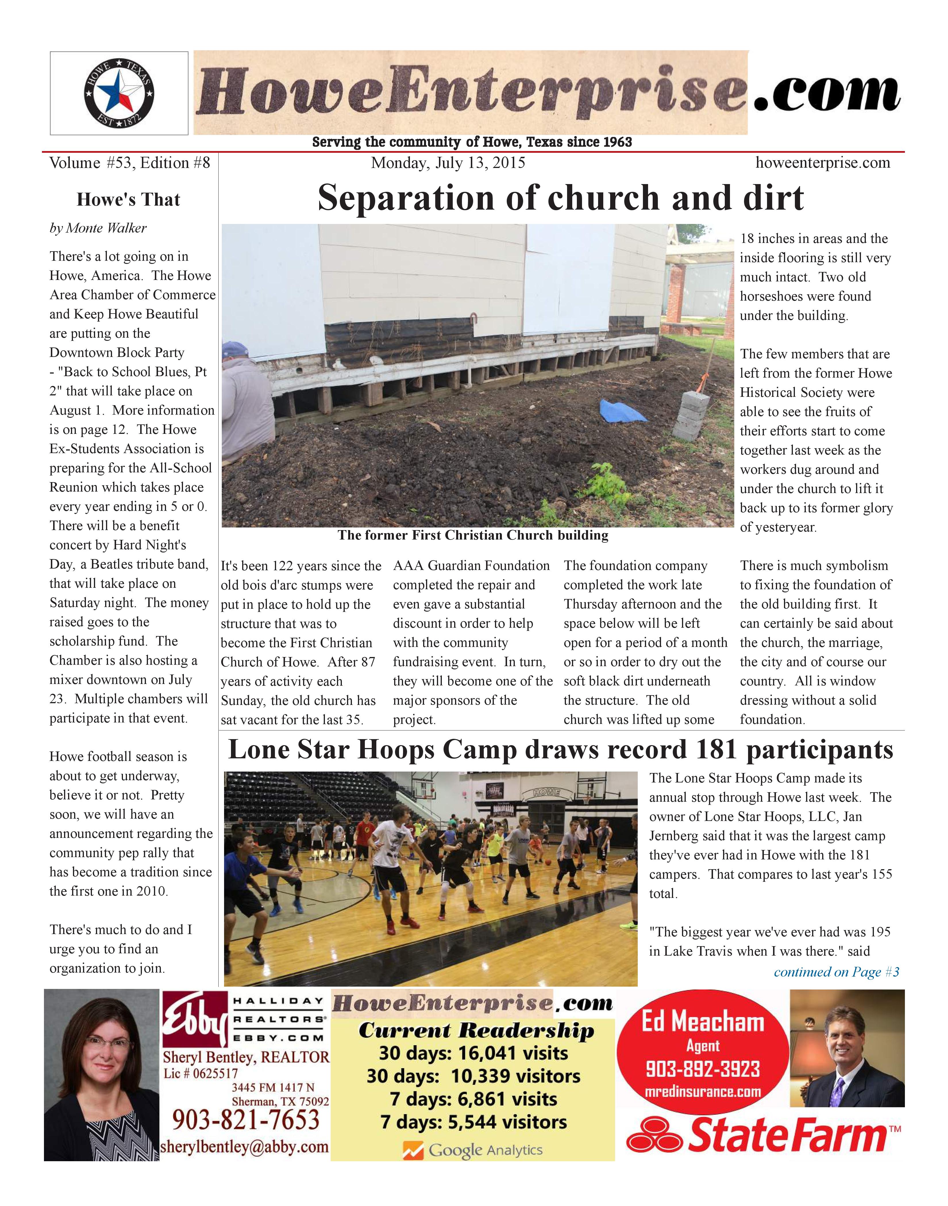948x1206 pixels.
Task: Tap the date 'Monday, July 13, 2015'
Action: click(448, 163)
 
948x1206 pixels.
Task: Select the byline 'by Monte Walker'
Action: click(98, 228)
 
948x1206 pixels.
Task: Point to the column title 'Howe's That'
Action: click(128, 200)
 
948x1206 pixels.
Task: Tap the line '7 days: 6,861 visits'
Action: click(473, 1099)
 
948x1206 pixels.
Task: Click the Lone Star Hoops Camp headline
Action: click(560, 750)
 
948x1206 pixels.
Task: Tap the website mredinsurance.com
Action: click(703, 1092)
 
